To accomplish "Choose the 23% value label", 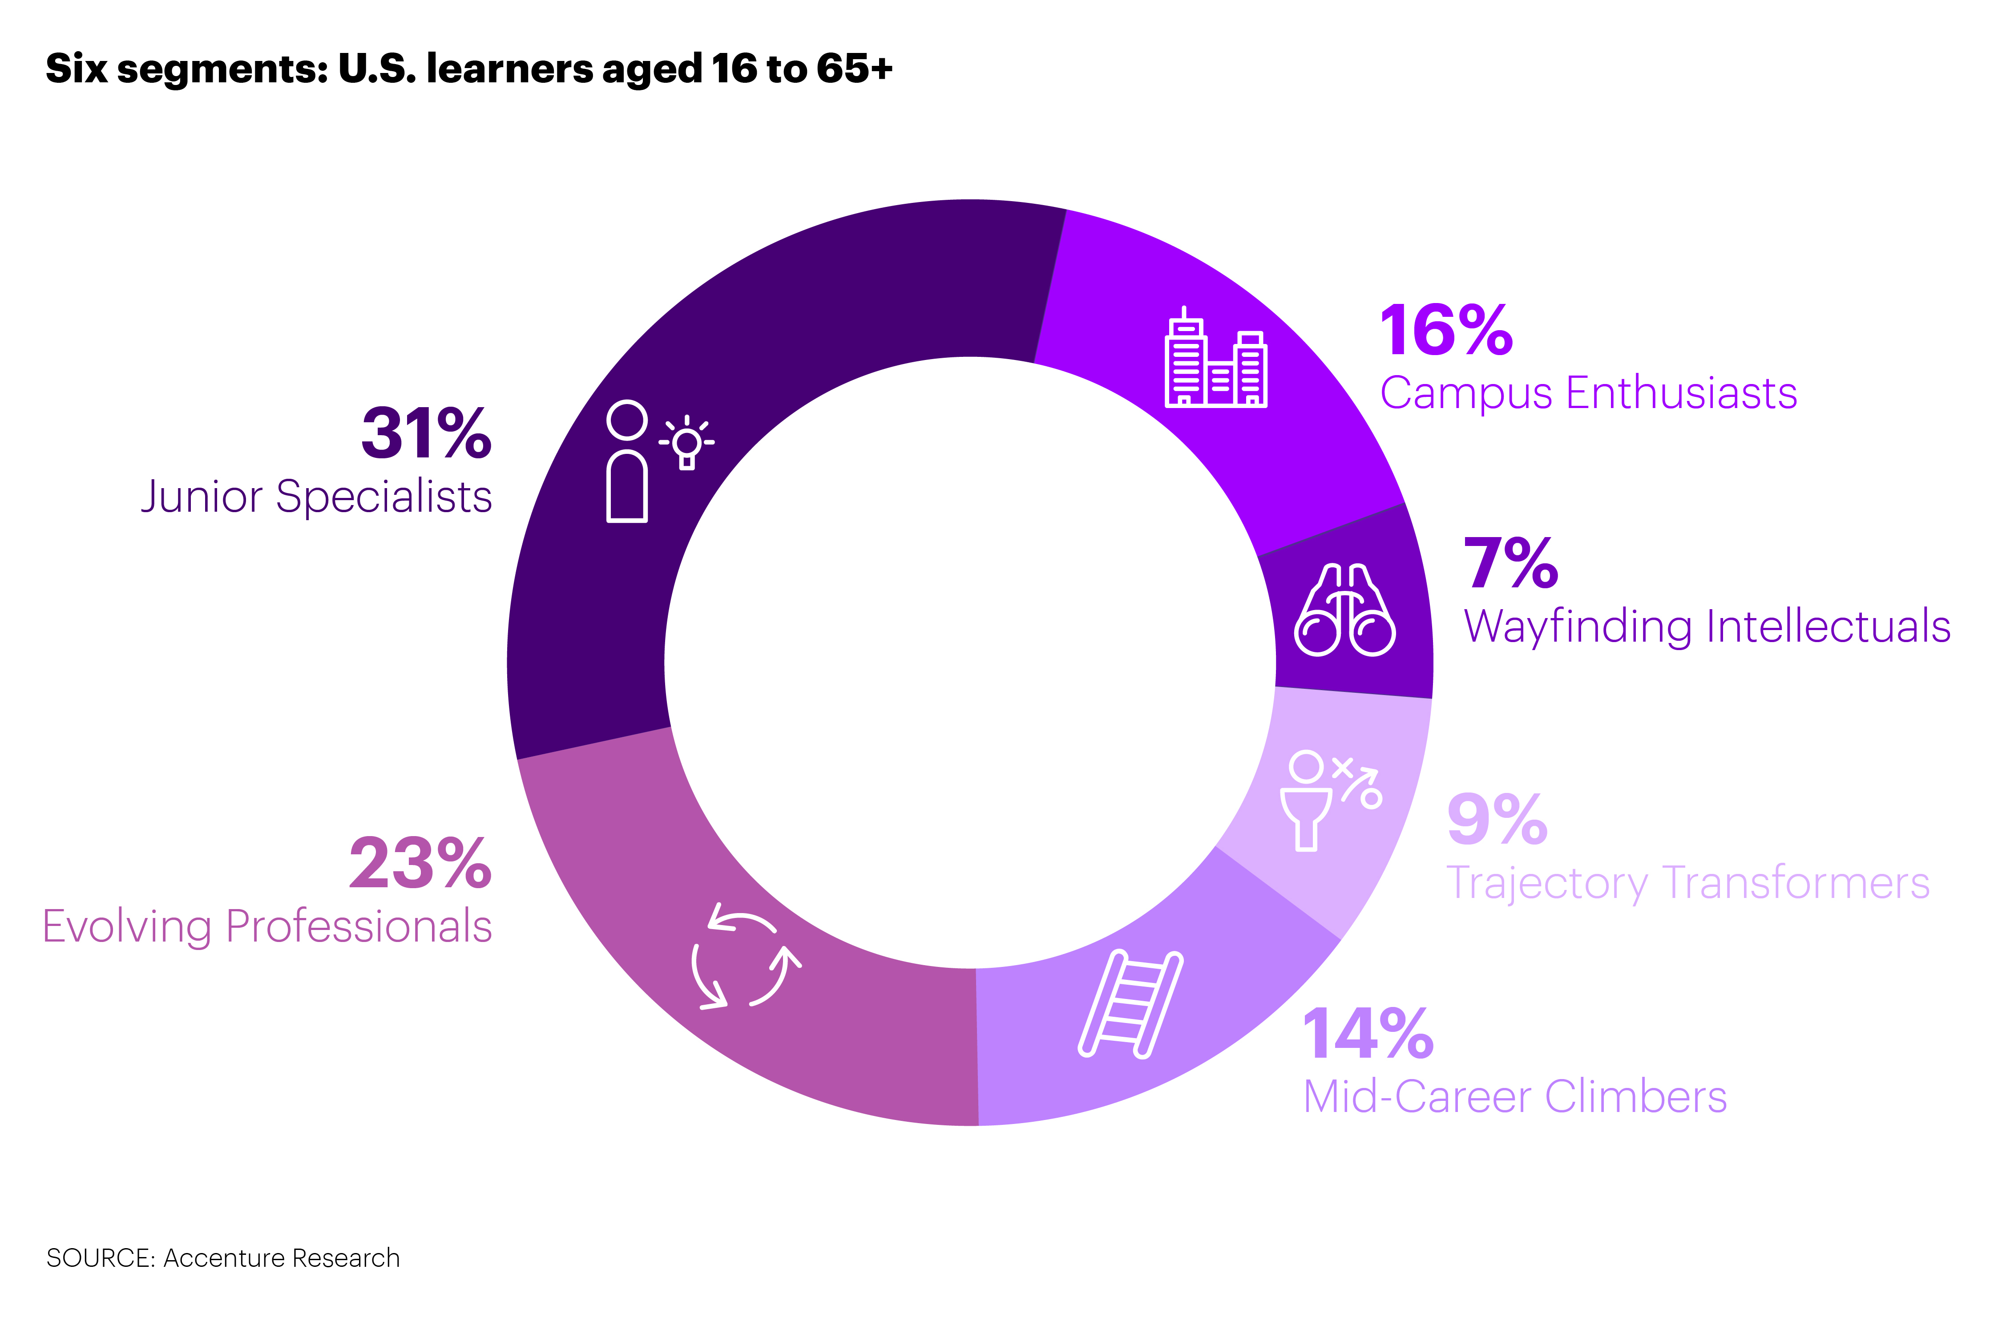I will (x=420, y=864).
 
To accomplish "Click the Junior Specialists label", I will (x=316, y=497).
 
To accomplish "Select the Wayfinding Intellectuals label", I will (x=1707, y=627).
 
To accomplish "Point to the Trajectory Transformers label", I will (x=1687, y=884).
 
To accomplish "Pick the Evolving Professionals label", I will (x=267, y=926).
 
